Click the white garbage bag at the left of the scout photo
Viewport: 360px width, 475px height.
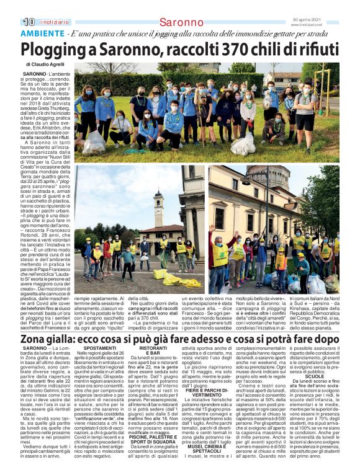[x=96, y=140]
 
